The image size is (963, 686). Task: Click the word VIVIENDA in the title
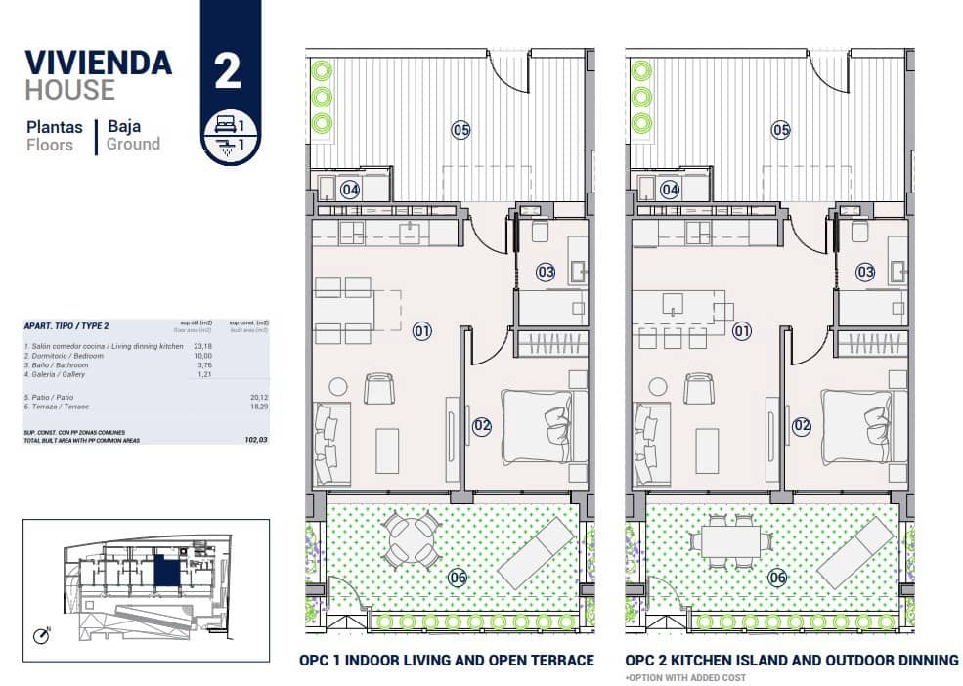[x=98, y=63]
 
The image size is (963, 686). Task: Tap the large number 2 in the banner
[x=228, y=72]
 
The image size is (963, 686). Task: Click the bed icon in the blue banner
[x=224, y=125]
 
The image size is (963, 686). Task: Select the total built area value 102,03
[x=255, y=440]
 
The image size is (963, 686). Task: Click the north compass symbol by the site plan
[x=41, y=636]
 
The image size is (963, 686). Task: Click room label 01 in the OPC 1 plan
[x=422, y=331]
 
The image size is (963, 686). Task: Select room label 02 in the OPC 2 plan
[x=802, y=425]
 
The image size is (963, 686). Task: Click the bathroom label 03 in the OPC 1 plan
[x=546, y=272]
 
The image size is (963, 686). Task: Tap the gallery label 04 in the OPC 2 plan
[x=670, y=190]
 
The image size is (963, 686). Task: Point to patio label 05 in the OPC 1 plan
[x=460, y=129]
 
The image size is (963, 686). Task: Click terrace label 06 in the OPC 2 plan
[x=777, y=577]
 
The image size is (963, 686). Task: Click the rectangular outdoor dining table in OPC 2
[x=730, y=539]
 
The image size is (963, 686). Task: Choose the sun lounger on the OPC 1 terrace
[x=536, y=551]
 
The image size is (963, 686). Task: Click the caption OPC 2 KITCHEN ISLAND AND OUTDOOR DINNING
[x=791, y=661]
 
